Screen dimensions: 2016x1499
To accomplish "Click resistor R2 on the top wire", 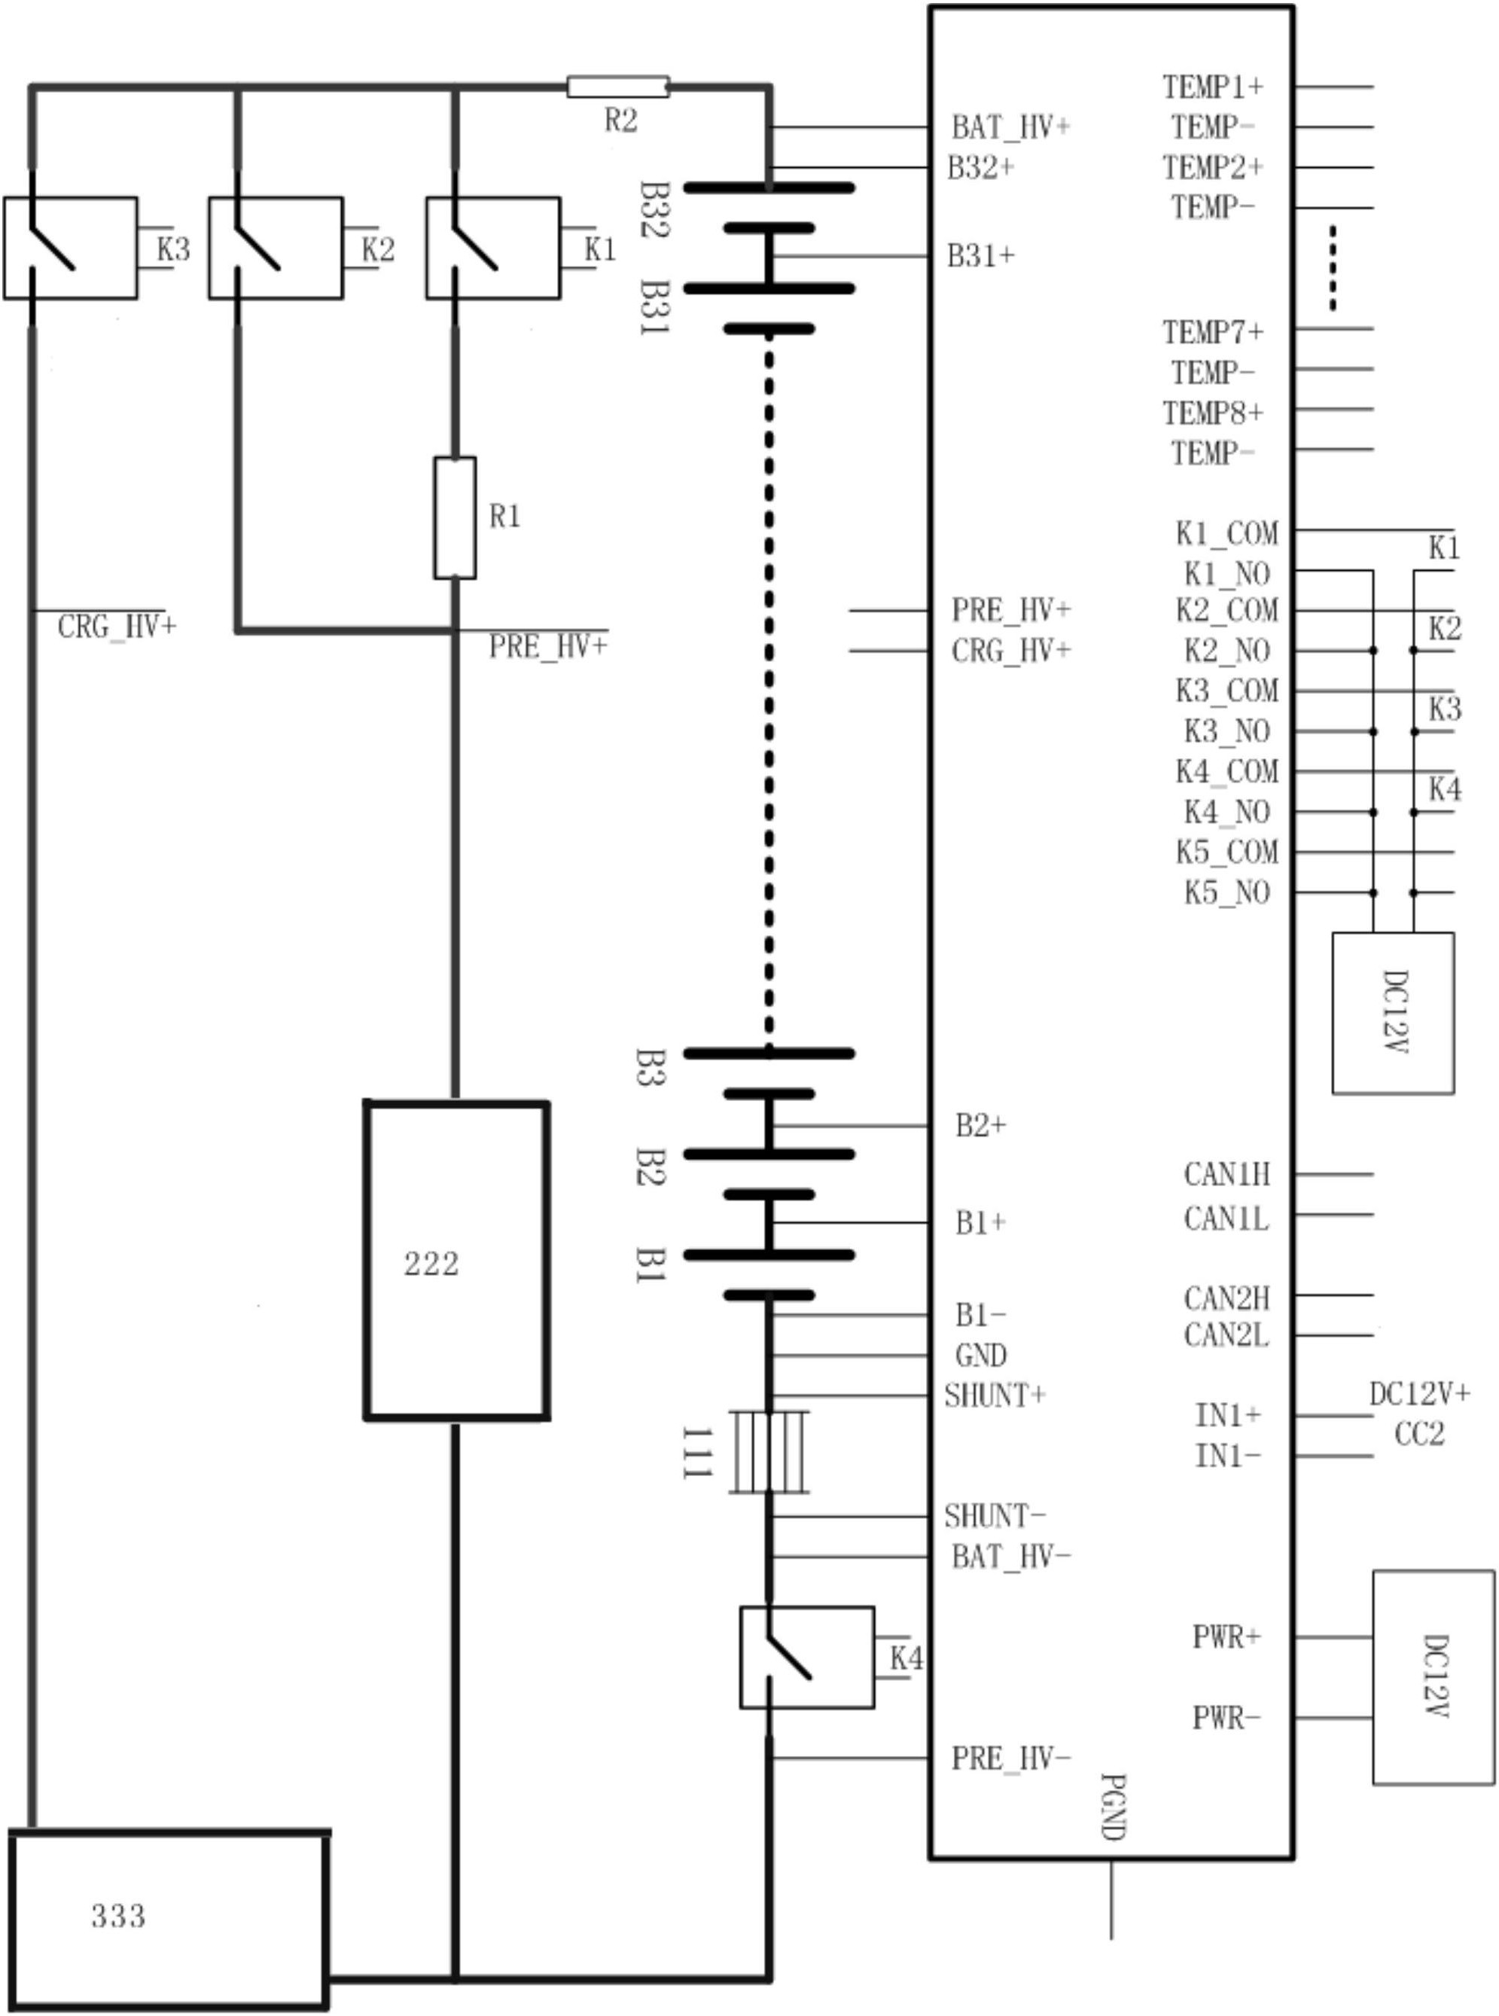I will click(x=617, y=87).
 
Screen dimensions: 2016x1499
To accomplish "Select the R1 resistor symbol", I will click(x=455, y=517).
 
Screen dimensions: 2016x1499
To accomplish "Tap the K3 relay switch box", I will click(x=71, y=248).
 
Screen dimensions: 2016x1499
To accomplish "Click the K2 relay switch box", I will click(x=276, y=248).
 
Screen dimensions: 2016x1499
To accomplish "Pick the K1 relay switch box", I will click(x=492, y=248).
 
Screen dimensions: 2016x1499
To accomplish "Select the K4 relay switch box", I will click(x=806, y=1658).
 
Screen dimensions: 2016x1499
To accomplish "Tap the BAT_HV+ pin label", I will click(x=1010, y=128).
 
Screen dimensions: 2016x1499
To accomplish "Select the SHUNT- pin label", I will click(x=995, y=1516).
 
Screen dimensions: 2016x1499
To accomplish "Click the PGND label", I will click(x=1113, y=1807).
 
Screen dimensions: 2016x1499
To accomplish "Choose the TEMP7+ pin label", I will click(x=1213, y=332).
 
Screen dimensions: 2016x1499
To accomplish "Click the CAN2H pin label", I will click(x=1226, y=1299).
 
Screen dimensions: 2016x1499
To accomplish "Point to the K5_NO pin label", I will click(x=1226, y=893).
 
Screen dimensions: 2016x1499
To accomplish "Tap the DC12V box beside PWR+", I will click(x=1433, y=1676).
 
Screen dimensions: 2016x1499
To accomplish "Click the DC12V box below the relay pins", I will click(x=1393, y=1012).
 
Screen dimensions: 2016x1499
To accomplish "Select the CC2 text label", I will click(x=1418, y=1434).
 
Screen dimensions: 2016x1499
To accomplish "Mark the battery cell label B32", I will click(x=654, y=209).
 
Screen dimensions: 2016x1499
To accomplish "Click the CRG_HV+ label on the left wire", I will click(x=116, y=627).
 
